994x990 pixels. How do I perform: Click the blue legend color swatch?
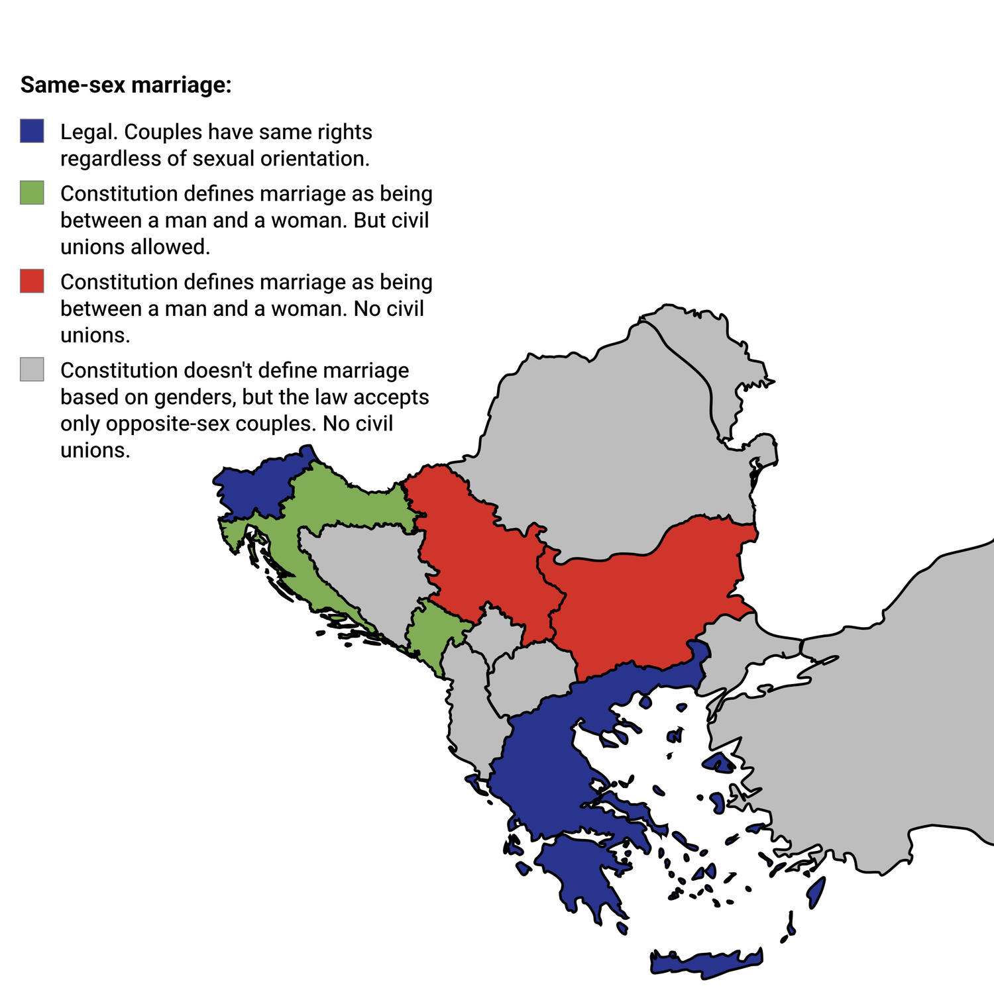(32, 131)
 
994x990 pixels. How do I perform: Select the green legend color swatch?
(32, 193)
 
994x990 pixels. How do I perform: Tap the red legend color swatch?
(32, 281)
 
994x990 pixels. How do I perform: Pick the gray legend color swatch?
(32, 369)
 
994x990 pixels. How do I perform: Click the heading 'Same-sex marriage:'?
(126, 85)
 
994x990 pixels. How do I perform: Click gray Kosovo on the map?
(494, 632)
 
